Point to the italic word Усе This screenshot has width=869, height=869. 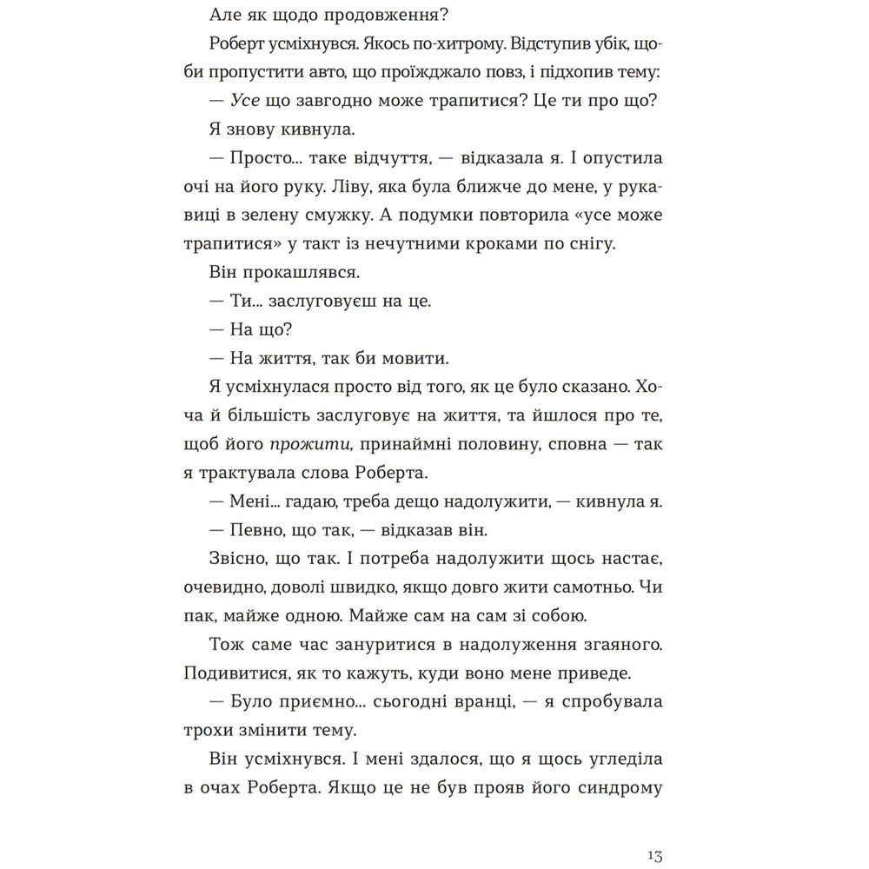(x=247, y=100)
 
